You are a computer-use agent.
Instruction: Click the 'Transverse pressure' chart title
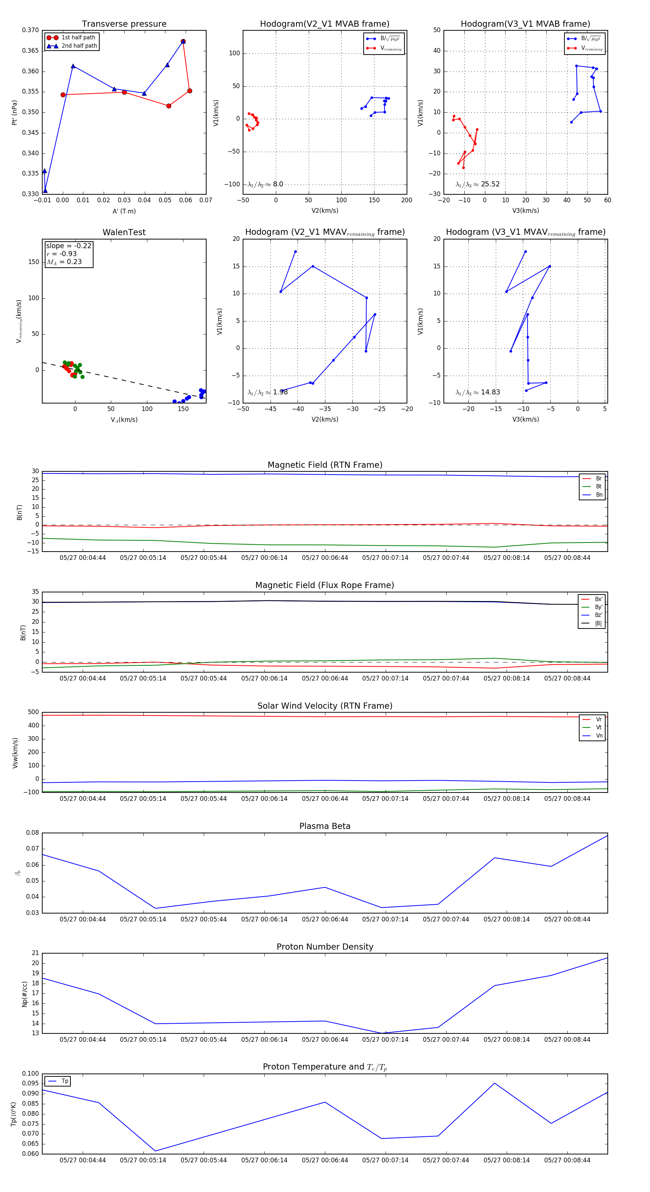[x=124, y=24]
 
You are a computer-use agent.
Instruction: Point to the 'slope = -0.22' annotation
[x=69, y=246]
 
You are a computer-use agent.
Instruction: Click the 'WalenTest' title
[x=124, y=232]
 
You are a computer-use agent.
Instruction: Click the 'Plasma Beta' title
[x=325, y=826]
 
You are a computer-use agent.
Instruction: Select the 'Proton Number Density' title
[x=325, y=947]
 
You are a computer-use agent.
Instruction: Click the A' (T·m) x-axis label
[x=124, y=211]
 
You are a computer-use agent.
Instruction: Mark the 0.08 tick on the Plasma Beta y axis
[x=32, y=833]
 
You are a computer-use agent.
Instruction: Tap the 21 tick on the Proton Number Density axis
[x=35, y=953]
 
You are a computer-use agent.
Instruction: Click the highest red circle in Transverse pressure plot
[x=183, y=42]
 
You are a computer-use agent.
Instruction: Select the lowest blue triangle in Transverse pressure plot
[x=45, y=191]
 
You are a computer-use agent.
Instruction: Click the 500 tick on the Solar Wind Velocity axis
[x=33, y=712]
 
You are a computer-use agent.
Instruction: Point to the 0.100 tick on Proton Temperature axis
[x=31, y=1074]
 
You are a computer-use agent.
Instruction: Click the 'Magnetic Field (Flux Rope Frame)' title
[x=325, y=586]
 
